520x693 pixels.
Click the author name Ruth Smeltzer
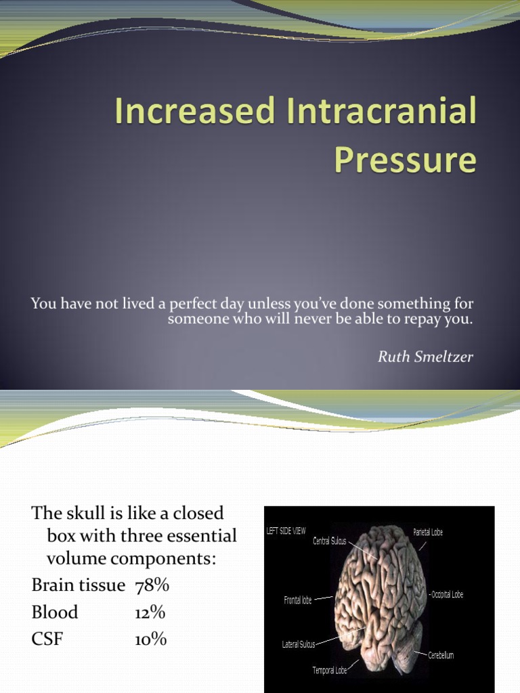pyautogui.click(x=425, y=357)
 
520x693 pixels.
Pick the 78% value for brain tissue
pyautogui.click(x=152, y=585)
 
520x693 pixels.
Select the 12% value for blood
pyautogui.click(x=150, y=612)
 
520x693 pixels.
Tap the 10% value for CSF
pyautogui.click(x=150, y=639)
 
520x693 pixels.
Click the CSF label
pyautogui.click(x=47, y=639)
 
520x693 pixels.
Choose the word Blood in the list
pyautogui.click(x=55, y=612)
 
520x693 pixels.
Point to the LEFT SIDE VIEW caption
pyautogui.click(x=286, y=531)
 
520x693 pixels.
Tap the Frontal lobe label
pyautogui.click(x=298, y=600)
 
